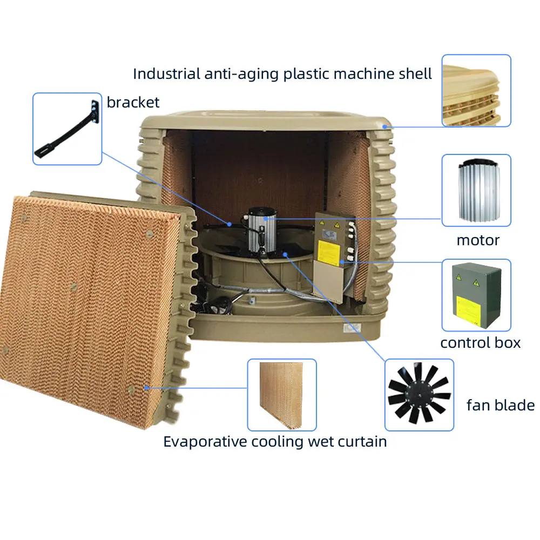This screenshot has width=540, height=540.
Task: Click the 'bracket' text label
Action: coord(133,102)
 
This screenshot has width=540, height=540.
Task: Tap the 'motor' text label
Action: coord(478,240)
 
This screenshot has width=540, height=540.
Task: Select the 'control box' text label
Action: coord(480,342)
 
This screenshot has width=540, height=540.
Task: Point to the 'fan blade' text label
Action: coord(500,406)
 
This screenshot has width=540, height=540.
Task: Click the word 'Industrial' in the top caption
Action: coord(166,73)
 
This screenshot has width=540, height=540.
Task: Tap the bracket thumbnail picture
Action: coord(67,129)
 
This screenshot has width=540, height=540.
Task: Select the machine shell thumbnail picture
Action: coord(476,90)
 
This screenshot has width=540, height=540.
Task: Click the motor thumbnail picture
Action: coord(476,190)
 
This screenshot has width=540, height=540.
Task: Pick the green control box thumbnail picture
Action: coord(476,295)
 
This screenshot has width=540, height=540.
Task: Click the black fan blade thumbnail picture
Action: coord(419,394)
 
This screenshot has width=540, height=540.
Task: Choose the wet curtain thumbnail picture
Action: coord(281,394)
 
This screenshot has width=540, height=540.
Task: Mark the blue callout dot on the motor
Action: coord(267,218)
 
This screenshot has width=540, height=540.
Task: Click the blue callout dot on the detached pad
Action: coord(146,387)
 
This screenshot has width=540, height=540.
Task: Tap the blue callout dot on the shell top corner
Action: coord(384,126)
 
